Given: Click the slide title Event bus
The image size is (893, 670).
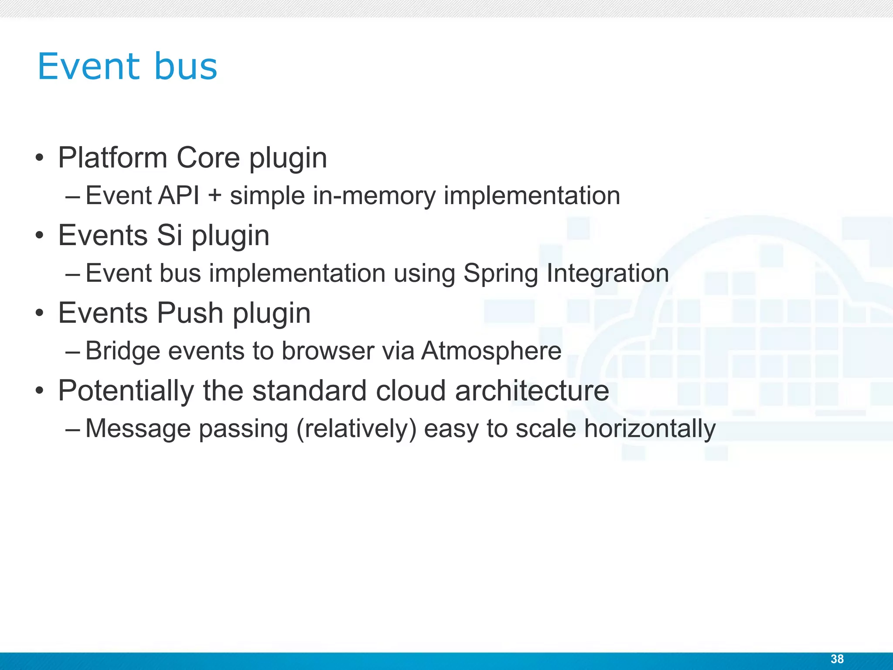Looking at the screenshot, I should [127, 67].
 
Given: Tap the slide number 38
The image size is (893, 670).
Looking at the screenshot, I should [837, 659].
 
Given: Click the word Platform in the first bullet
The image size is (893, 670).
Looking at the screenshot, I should [112, 157].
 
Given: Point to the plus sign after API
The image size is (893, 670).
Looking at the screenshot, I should [215, 196].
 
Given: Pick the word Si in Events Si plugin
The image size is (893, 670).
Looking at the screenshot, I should [169, 235].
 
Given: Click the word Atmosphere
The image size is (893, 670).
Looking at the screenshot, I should [491, 351].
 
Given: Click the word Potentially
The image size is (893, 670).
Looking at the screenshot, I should [126, 390].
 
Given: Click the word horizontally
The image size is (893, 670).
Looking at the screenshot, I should [650, 429].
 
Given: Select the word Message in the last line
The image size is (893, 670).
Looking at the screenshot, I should [138, 429].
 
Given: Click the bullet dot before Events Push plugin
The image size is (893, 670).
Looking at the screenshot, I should [40, 313].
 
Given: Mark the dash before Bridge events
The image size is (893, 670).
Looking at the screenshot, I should [72, 351].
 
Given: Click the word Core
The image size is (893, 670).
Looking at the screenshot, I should [208, 157].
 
